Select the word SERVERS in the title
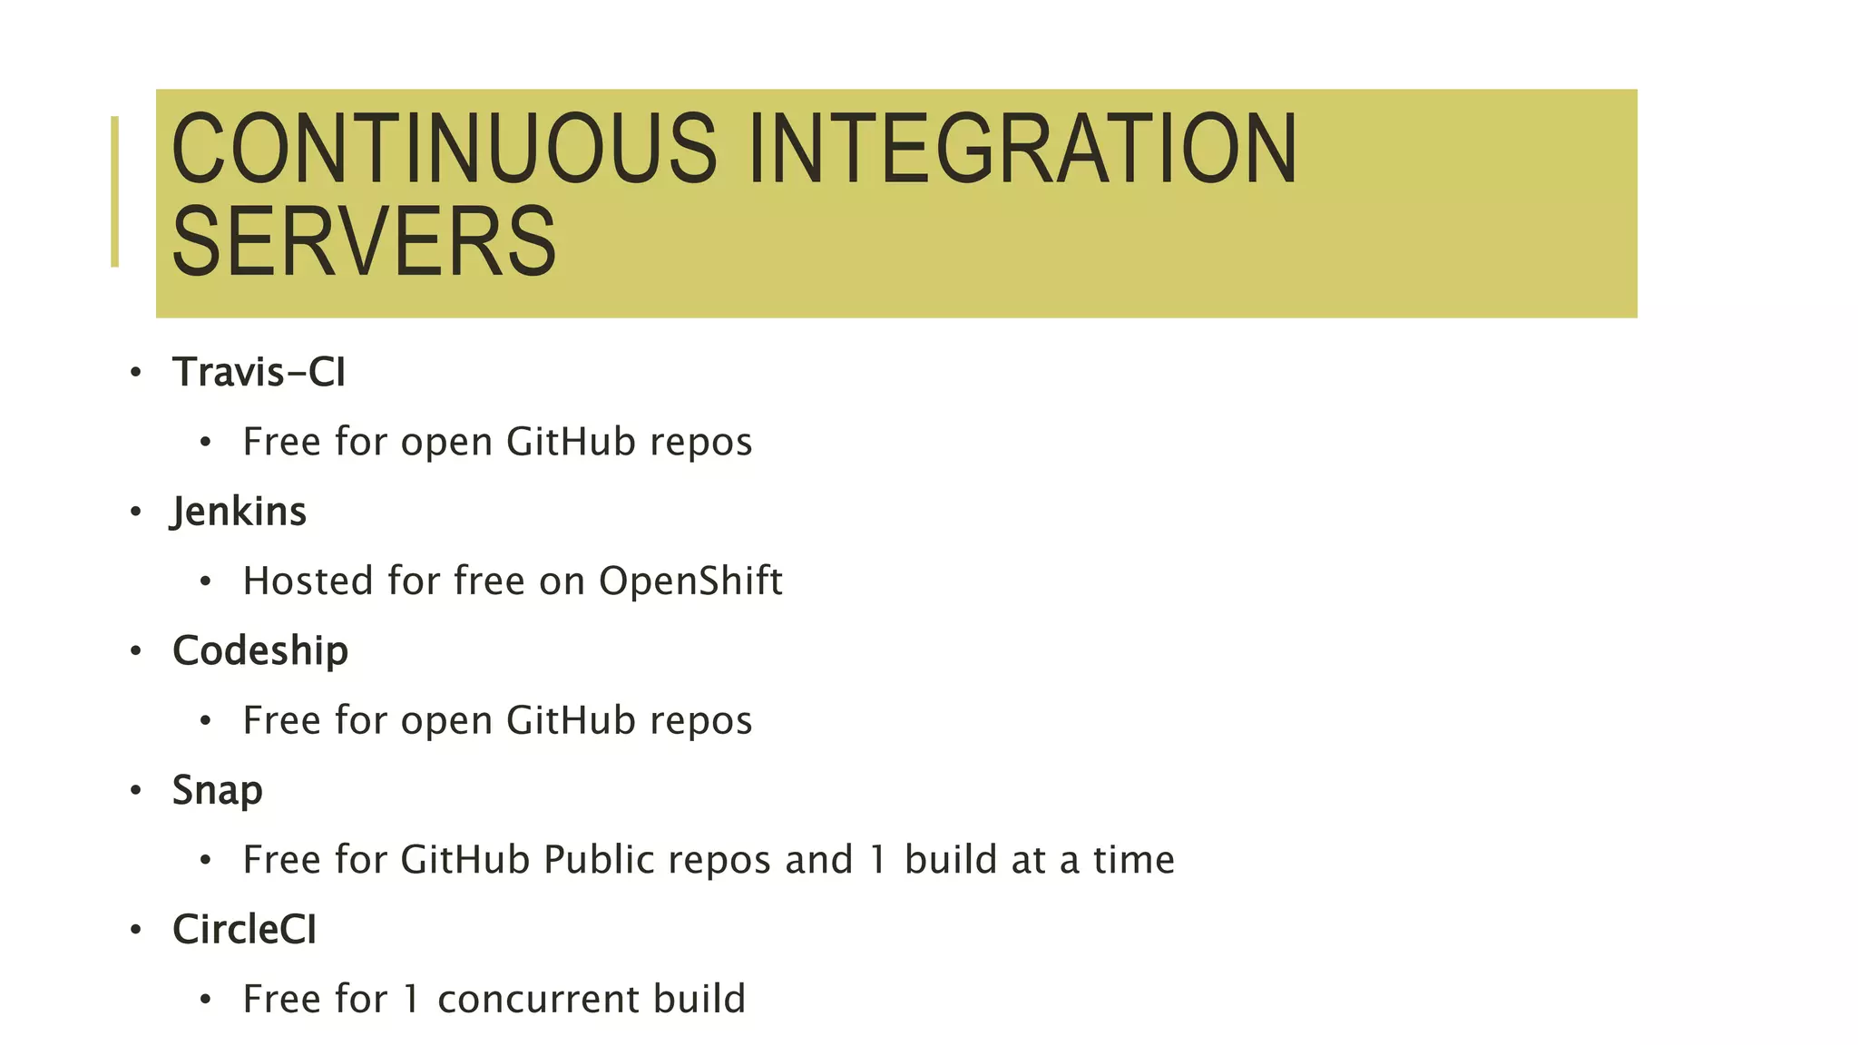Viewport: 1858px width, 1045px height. click(x=364, y=242)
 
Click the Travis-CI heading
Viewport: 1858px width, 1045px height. click(x=259, y=372)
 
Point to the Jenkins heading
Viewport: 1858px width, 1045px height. click(x=240, y=512)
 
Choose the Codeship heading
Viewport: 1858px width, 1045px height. click(x=260, y=650)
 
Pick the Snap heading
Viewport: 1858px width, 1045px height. click(x=218, y=790)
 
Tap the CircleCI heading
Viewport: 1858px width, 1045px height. click(x=245, y=929)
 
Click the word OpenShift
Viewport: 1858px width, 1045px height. click(x=690, y=581)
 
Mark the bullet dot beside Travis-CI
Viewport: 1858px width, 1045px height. click(x=136, y=372)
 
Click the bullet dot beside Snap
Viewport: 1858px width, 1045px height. click(x=136, y=790)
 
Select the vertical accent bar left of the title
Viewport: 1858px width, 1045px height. click(x=114, y=191)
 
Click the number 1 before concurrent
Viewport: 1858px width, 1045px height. click(x=412, y=999)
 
